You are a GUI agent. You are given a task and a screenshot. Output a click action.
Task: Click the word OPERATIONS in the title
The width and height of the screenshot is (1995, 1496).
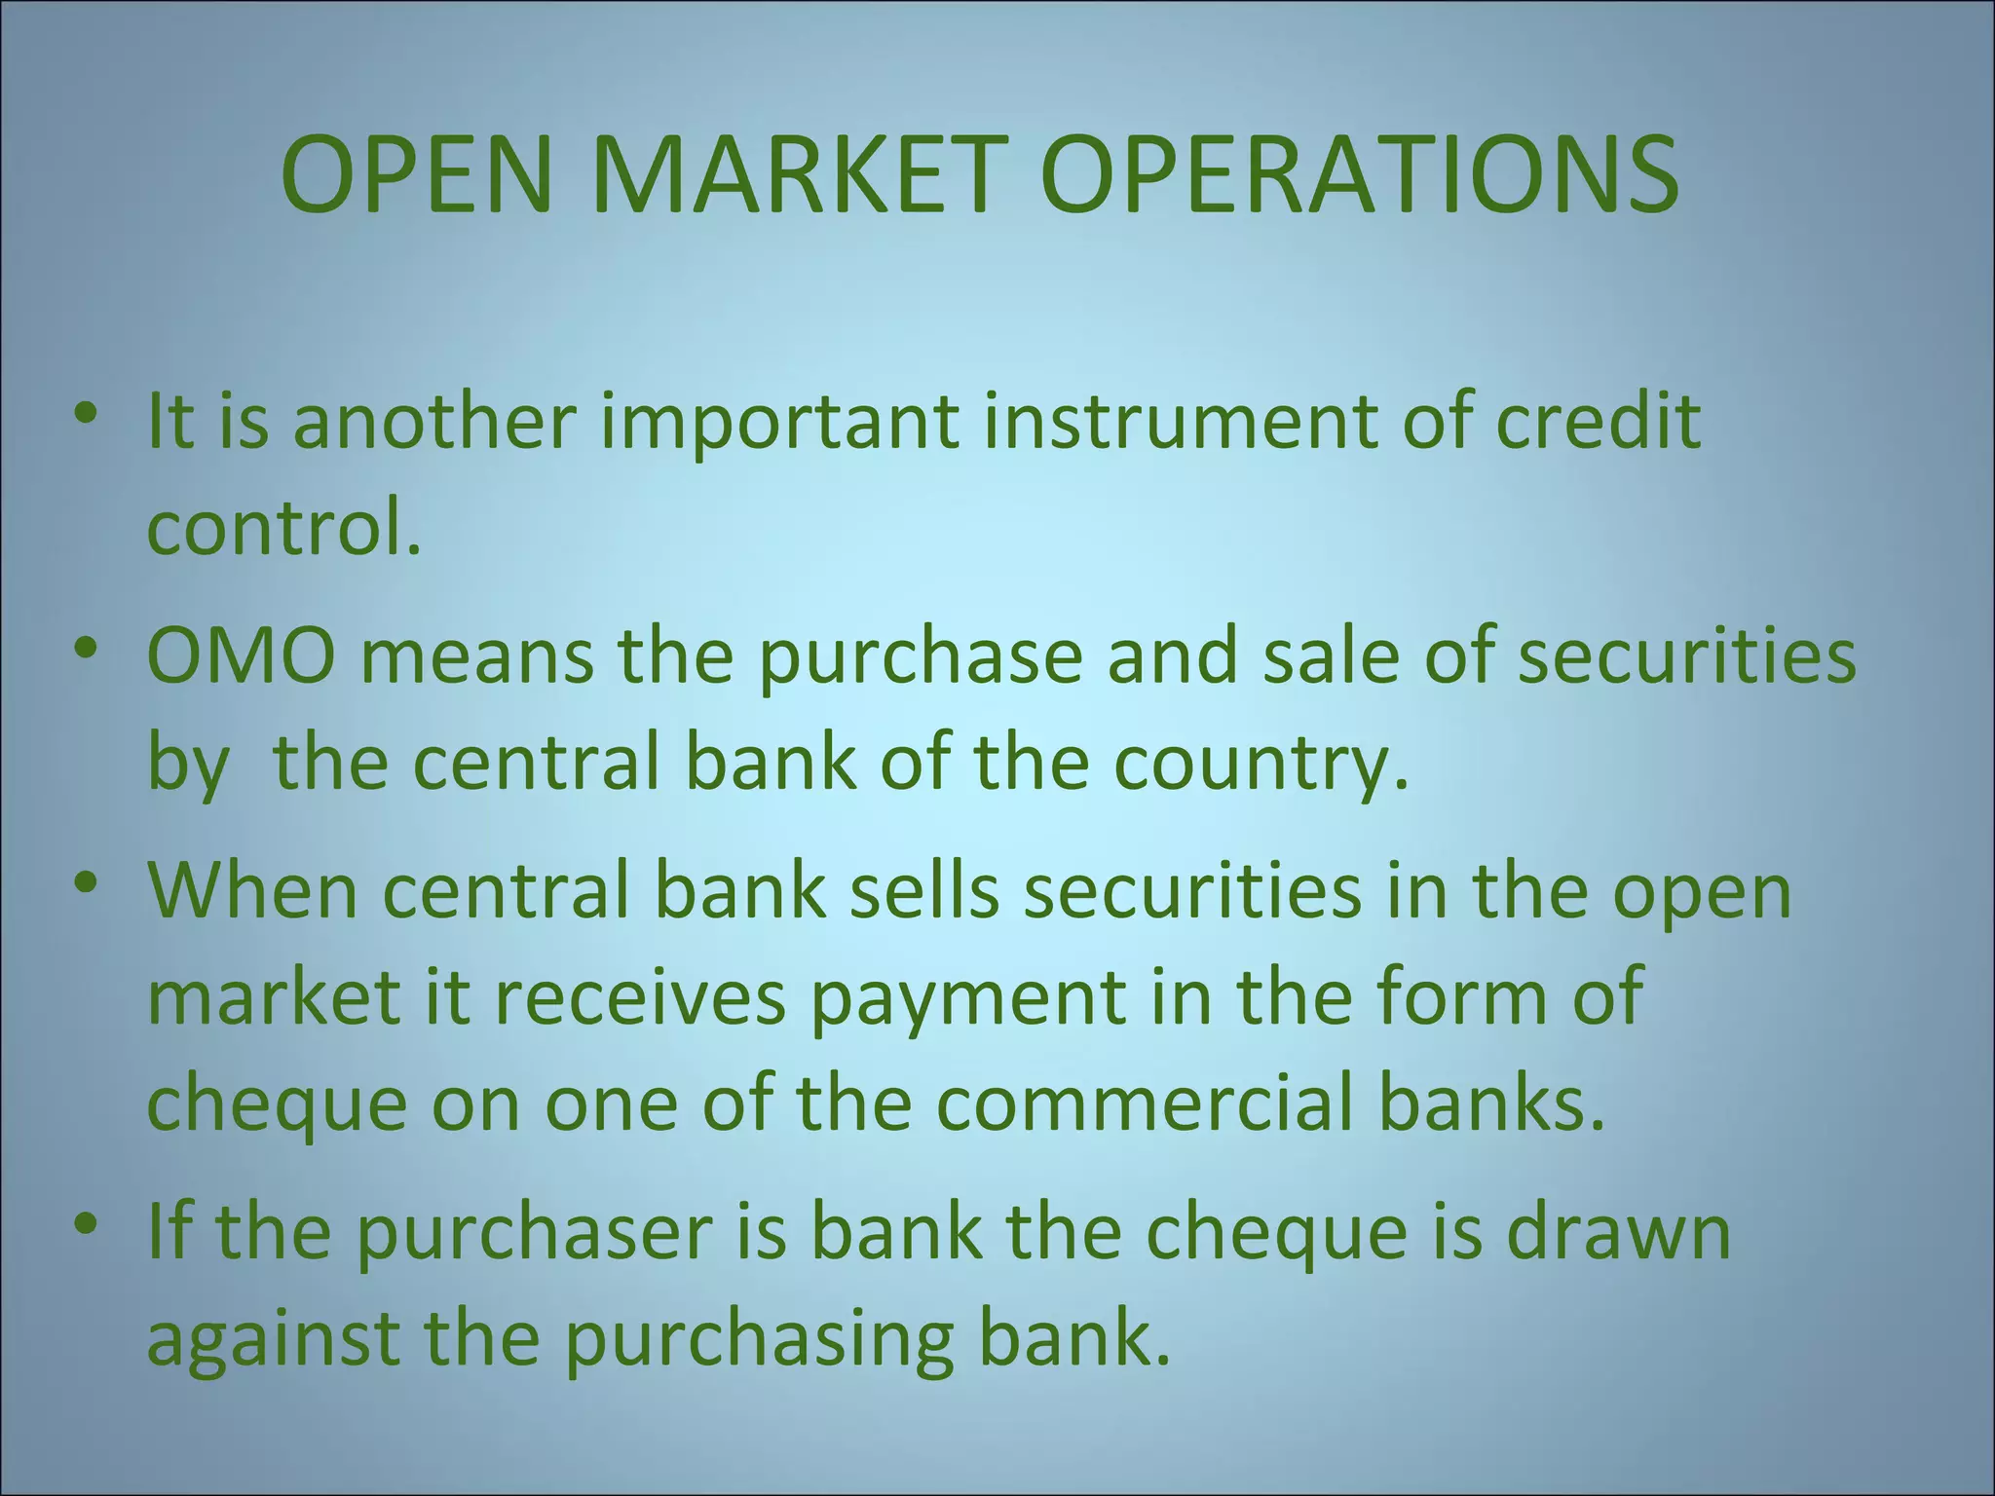(1359, 175)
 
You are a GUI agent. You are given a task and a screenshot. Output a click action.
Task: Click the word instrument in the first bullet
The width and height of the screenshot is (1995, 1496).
(1181, 421)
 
